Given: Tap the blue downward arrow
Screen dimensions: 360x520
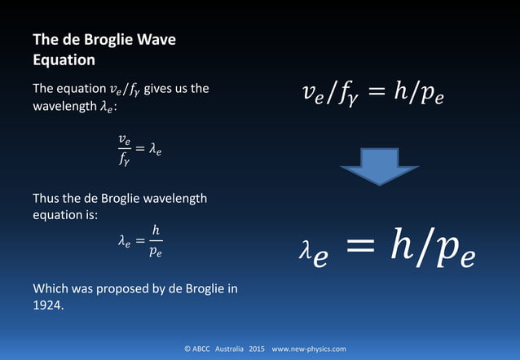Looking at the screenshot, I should (379, 169).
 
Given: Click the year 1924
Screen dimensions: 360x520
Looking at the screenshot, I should (48, 305).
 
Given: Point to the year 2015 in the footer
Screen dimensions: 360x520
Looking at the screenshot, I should (257, 349).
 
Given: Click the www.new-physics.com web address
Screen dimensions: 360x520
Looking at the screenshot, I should (309, 349).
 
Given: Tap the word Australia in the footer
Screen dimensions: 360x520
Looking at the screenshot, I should (227, 349).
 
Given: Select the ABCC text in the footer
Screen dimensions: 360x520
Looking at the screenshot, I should (201, 349).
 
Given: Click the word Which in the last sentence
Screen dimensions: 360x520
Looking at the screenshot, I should (51, 288).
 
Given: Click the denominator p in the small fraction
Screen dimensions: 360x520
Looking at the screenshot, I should (154, 249).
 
